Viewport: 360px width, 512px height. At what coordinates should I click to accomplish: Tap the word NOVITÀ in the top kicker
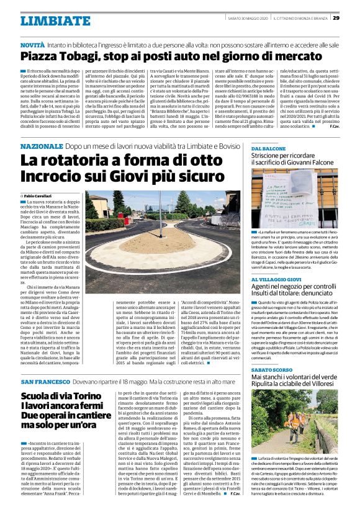pyautogui.click(x=32, y=46)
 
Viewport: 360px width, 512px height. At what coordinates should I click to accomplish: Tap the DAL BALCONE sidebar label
pyautogui.click(x=269, y=149)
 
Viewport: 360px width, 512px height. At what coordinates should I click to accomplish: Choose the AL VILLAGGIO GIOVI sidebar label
pyautogui.click(x=277, y=263)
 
